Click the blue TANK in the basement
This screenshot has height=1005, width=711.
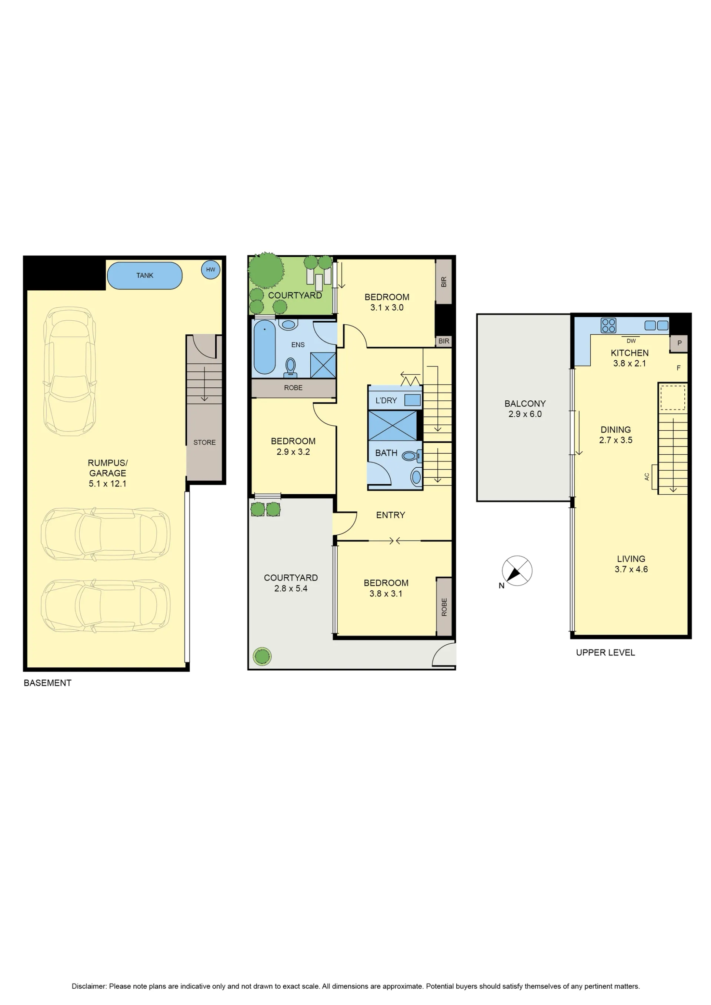tap(144, 276)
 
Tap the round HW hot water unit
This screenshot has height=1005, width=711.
tap(211, 270)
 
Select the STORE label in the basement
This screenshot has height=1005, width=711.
tap(204, 443)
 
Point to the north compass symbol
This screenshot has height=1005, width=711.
tap(517, 571)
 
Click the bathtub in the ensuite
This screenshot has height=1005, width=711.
tap(264, 347)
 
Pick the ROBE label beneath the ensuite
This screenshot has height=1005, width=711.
tap(293, 388)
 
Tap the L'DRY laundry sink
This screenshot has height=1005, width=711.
tap(412, 400)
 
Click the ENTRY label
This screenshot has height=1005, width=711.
tap(391, 515)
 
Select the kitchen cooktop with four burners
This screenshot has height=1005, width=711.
tap(608, 325)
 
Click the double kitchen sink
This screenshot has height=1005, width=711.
tap(657, 325)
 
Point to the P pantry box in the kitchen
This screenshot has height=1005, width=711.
tap(679, 343)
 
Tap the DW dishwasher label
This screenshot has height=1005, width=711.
tap(631, 341)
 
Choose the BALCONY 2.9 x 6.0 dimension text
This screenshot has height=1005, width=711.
tap(525, 414)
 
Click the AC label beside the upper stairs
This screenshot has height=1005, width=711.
tap(647, 477)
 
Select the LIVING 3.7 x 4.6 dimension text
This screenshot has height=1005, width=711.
tap(631, 570)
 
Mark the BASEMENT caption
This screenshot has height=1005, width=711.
tap(47, 683)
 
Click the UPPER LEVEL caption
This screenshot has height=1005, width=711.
tap(605, 652)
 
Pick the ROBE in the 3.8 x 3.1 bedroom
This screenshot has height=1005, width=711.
tap(444, 607)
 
